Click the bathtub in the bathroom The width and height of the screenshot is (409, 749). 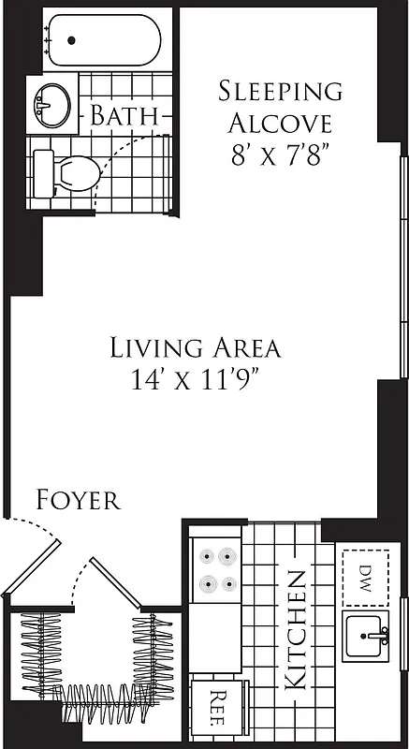104,39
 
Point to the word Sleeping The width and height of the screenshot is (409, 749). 280,92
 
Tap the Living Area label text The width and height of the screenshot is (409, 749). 195,348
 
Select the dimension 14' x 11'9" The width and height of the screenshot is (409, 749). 195,379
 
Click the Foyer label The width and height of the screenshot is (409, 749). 79,500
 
